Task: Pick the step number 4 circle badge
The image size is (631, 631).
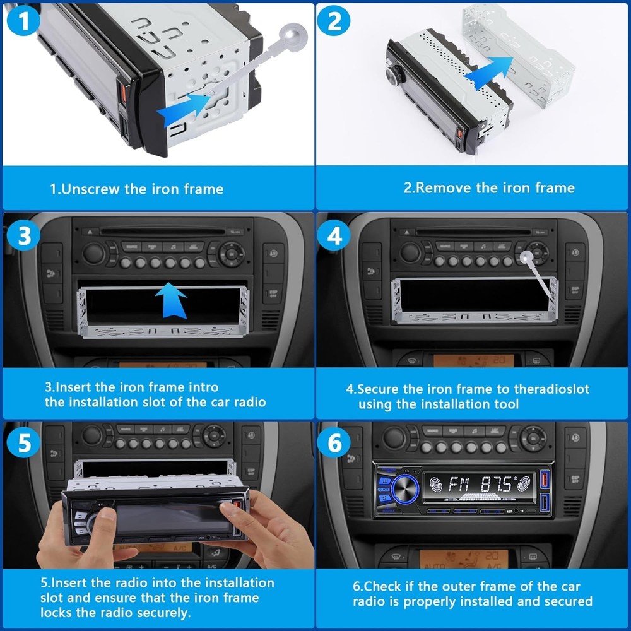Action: click(x=335, y=236)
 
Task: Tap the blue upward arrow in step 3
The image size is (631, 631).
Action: click(x=171, y=300)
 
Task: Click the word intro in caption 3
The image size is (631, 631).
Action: click(x=202, y=387)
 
